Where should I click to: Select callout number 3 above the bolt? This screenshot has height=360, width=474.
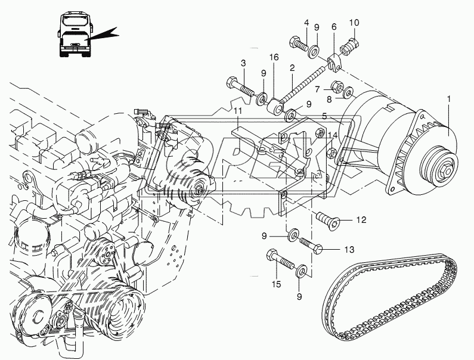(243, 63)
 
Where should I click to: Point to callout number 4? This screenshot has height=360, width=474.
(306, 23)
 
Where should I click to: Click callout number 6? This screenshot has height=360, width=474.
(334, 27)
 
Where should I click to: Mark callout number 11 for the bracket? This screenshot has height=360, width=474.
(237, 111)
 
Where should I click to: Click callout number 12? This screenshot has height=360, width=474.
(361, 219)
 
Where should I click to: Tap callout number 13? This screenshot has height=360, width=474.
(349, 249)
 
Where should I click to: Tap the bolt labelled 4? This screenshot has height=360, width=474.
(299, 43)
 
